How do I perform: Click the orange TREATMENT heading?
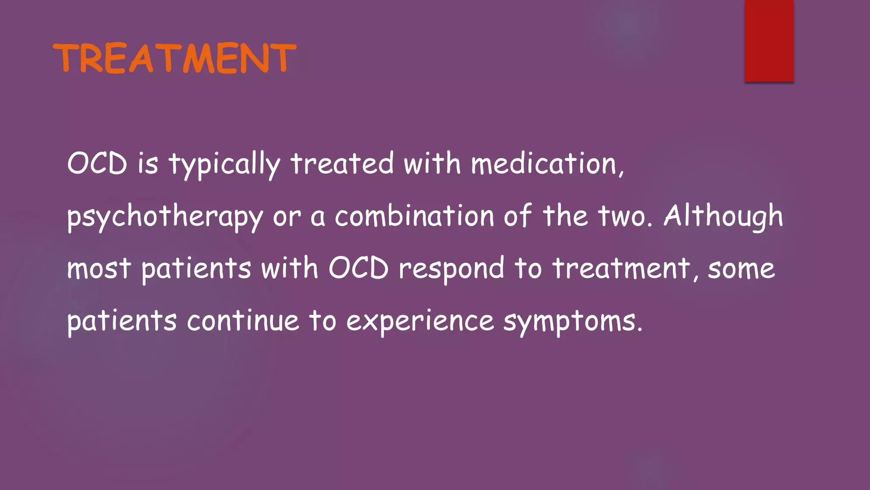175,58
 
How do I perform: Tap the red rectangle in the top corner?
769,41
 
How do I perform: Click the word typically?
225,164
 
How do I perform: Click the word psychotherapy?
165,217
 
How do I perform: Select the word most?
99,269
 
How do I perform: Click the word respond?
451,269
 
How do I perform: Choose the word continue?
243,321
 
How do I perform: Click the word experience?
420,322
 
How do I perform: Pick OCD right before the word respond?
359,268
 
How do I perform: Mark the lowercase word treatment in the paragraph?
621,269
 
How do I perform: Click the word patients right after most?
196,269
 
